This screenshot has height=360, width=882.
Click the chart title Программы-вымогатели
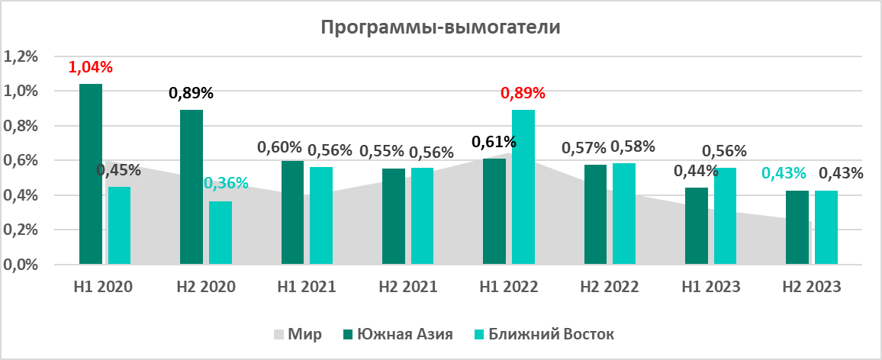tap(440, 28)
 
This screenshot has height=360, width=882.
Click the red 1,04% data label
tap(91, 67)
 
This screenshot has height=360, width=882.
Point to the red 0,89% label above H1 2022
tap(523, 94)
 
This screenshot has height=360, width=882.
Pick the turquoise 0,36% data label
tap(226, 183)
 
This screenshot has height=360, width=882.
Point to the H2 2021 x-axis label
tap(408, 288)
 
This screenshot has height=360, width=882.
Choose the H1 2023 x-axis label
tap(711, 288)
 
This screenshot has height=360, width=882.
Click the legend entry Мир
tap(298, 334)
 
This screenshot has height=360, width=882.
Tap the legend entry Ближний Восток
tap(542, 334)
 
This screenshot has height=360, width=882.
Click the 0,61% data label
tap(494, 142)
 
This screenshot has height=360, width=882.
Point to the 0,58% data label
tap(633, 146)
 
